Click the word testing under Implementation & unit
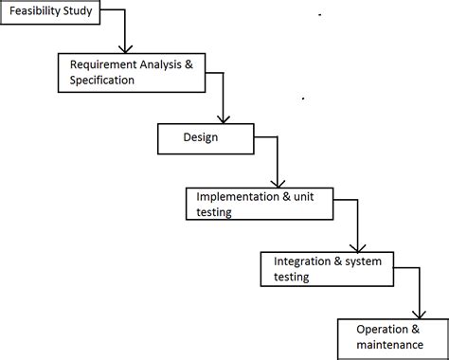pyautogui.click(x=214, y=212)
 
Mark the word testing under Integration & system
pyautogui.click(x=286, y=277)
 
